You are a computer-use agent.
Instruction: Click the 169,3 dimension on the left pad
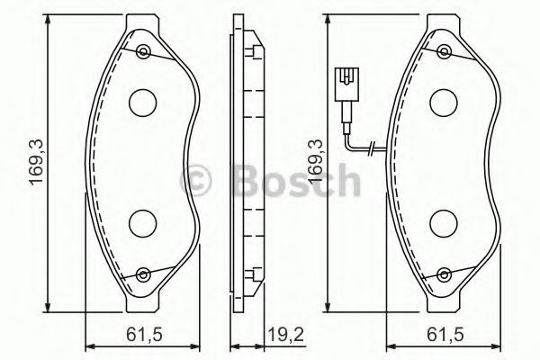(37, 162)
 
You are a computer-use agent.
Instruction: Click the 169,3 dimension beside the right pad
(317, 162)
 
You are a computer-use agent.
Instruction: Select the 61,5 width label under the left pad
(144, 334)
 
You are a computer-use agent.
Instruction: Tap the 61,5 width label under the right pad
(445, 334)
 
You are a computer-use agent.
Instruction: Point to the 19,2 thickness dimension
(286, 334)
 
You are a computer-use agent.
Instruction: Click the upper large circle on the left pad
(143, 103)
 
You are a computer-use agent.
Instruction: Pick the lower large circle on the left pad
(143, 223)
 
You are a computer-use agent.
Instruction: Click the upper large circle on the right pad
(444, 103)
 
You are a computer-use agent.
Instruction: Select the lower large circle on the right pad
(444, 223)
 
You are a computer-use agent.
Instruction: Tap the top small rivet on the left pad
(143, 52)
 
